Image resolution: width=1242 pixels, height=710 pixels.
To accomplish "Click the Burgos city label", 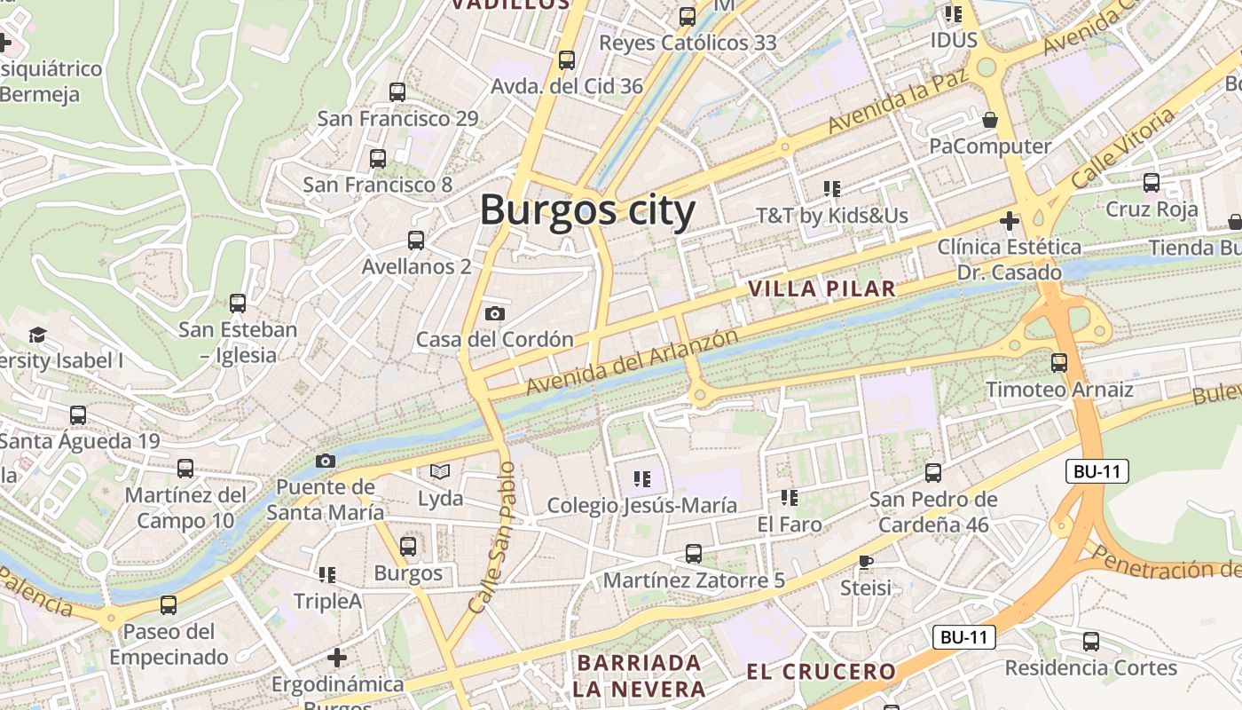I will pyautogui.click(x=587, y=211).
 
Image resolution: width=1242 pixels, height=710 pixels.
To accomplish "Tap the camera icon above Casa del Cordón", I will pyautogui.click(x=495, y=313).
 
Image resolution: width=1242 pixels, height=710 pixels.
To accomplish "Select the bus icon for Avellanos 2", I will pyautogui.click(x=415, y=240).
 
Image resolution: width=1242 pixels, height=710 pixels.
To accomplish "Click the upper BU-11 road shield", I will pyautogui.click(x=1097, y=471).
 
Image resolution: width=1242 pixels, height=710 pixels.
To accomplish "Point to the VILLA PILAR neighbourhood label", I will pyautogui.click(x=821, y=288).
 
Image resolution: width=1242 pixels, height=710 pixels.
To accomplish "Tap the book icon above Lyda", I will pyautogui.click(x=440, y=471).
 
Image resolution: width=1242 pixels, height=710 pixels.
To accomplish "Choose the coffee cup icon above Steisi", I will pyautogui.click(x=866, y=562).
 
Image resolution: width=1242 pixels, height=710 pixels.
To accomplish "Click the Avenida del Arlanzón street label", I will pyautogui.click(x=632, y=362).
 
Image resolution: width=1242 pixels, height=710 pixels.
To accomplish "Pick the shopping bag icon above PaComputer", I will pyautogui.click(x=990, y=119).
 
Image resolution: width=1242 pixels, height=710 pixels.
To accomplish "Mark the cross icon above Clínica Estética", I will pyautogui.click(x=1009, y=220).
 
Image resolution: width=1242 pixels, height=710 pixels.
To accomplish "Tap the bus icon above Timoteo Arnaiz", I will pyautogui.click(x=1058, y=362).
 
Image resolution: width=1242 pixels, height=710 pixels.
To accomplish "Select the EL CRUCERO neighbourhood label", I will pyautogui.click(x=821, y=672).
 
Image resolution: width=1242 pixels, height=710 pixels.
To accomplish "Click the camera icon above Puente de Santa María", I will pyautogui.click(x=326, y=461).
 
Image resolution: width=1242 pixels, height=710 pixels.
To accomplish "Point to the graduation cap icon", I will pyautogui.click(x=37, y=335).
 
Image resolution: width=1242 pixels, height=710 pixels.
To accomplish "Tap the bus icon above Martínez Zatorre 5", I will pyautogui.click(x=694, y=554).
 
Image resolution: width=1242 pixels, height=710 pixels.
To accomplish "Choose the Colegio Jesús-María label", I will pyautogui.click(x=641, y=505).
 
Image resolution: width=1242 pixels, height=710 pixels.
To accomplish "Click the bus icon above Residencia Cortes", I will pyautogui.click(x=1090, y=641).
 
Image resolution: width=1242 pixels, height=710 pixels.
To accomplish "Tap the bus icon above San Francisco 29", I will pyautogui.click(x=397, y=91).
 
